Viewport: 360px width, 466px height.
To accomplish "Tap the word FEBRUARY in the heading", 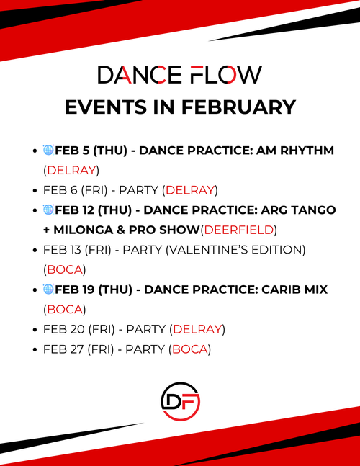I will coord(235,107).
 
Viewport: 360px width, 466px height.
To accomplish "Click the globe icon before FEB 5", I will coord(48,151).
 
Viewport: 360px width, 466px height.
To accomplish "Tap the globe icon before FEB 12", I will coord(48,210).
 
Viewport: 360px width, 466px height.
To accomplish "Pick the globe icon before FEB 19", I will coord(48,289).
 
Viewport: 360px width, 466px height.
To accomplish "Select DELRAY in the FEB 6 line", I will coord(190,190).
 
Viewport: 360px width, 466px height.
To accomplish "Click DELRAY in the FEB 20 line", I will coord(198,329).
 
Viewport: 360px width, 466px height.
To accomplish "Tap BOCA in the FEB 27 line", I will coord(189,349).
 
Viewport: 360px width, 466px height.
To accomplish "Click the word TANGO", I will coord(312,210).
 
